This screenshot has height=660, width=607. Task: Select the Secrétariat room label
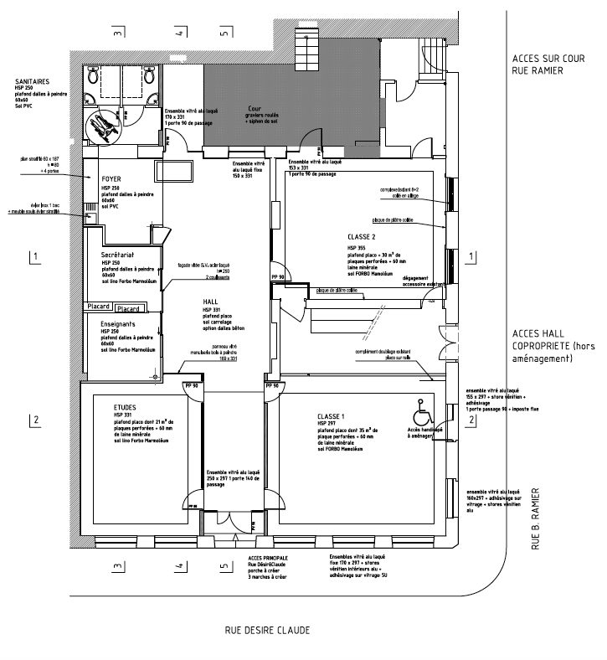pos(118,253)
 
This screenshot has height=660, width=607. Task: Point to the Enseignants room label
pos(118,321)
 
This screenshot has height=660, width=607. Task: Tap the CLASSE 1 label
pos(332,416)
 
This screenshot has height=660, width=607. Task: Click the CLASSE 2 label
pos(362,237)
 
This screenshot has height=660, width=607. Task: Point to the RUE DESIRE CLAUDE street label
pos(267,629)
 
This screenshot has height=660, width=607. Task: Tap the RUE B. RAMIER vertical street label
pos(536,519)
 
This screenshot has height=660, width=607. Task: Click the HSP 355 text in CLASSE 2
pos(357,248)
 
